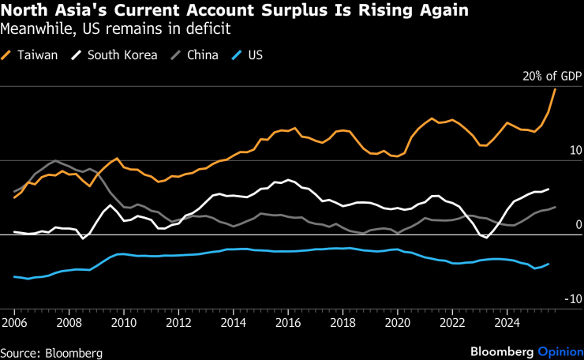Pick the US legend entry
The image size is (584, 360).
(255, 55)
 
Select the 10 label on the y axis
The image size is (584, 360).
(575, 151)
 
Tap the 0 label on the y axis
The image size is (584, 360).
(578, 225)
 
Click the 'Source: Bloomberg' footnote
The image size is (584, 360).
(51, 352)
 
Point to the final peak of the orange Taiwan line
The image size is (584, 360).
(556, 88)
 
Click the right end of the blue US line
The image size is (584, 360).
(548, 264)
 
